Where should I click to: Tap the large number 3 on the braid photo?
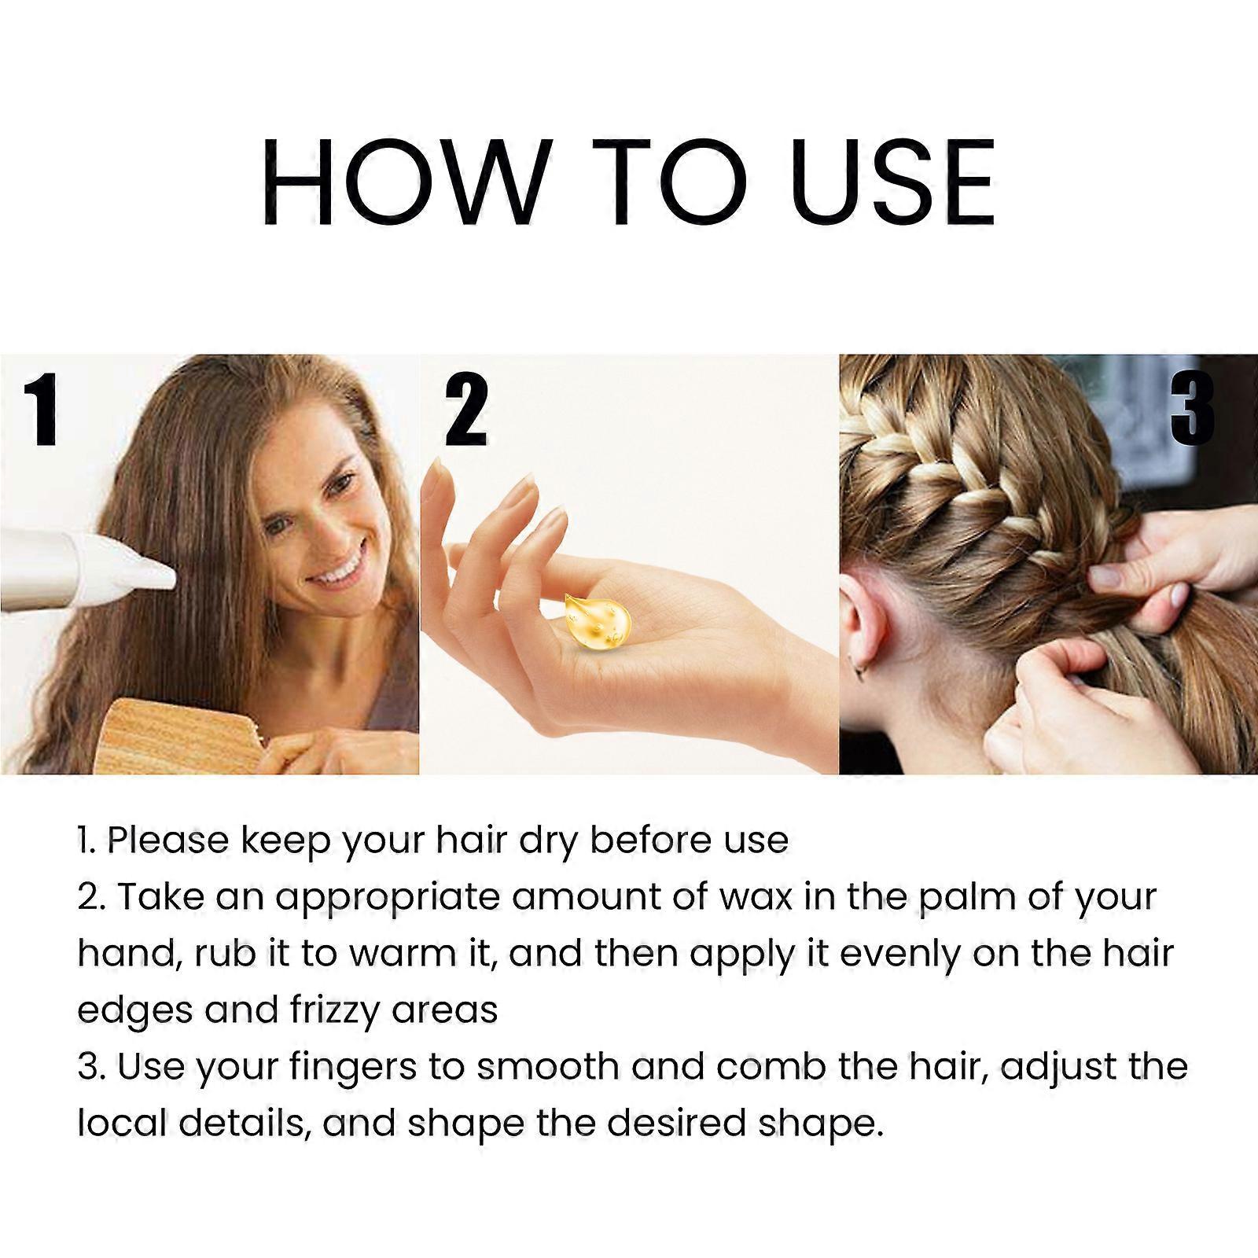click(1192, 411)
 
